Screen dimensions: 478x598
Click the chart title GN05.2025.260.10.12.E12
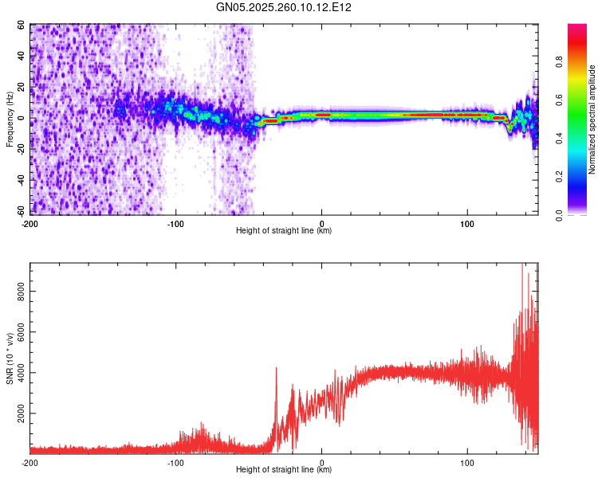click(x=284, y=7)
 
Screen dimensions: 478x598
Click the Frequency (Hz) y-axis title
click(x=10, y=120)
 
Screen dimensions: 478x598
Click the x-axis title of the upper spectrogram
click(x=284, y=231)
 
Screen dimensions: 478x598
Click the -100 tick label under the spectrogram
click(x=176, y=222)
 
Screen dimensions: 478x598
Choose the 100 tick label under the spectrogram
click(x=468, y=222)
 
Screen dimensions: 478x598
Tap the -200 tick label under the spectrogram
click(x=30, y=222)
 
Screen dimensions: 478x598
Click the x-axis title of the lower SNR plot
click(x=284, y=471)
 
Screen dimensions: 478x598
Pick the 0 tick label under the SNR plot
click(x=322, y=462)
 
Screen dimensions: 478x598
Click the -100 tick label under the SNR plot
click(x=176, y=462)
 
